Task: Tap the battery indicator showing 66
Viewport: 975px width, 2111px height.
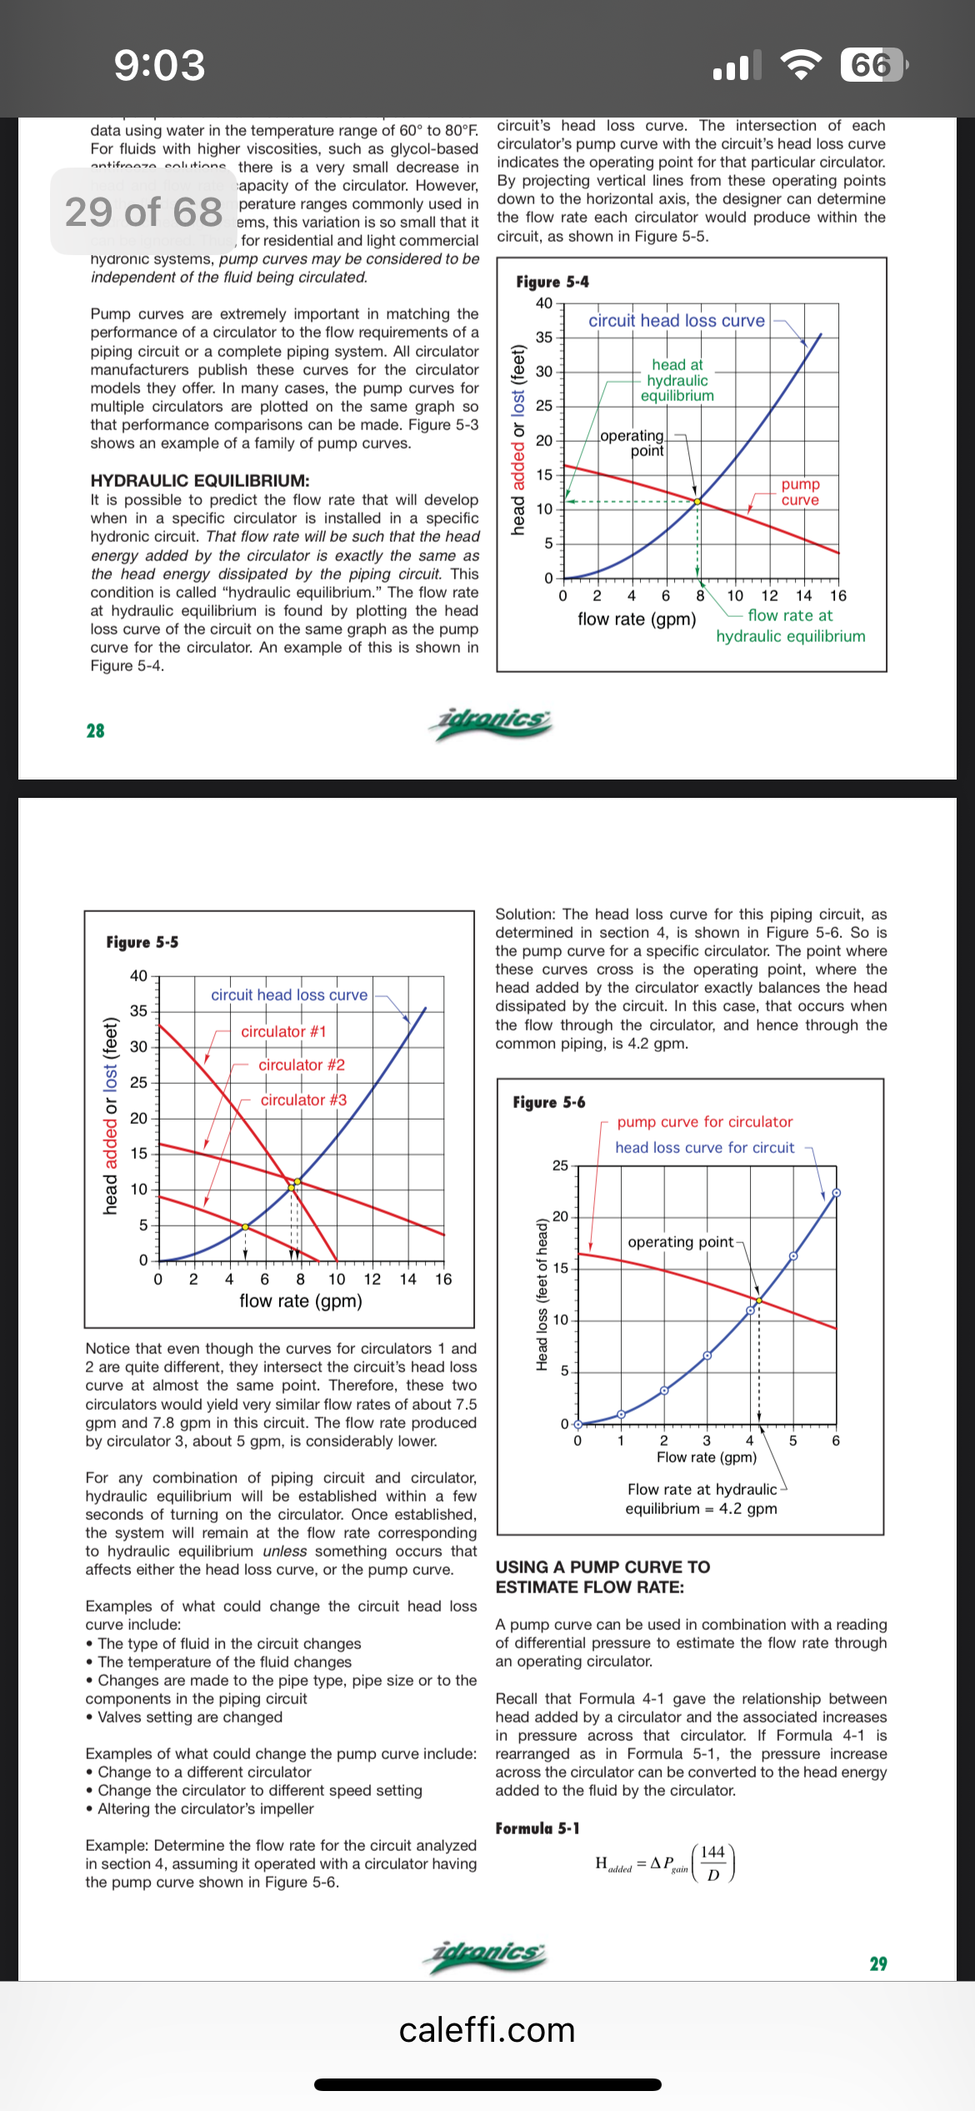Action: click(x=872, y=65)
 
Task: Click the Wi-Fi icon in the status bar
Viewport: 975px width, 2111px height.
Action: click(x=800, y=65)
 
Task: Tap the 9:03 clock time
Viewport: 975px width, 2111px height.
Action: click(x=159, y=65)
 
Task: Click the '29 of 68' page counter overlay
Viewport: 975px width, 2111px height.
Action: click(x=143, y=212)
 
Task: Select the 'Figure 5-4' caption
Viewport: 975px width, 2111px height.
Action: click(x=552, y=282)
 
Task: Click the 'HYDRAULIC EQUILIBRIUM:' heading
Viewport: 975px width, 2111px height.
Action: click(x=200, y=480)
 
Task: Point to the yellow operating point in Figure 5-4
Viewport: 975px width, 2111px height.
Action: click(x=697, y=501)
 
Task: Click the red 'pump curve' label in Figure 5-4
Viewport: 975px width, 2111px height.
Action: click(x=800, y=492)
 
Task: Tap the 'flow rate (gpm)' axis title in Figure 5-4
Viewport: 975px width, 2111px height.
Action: click(x=637, y=619)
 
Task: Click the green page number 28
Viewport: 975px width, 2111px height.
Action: click(x=96, y=731)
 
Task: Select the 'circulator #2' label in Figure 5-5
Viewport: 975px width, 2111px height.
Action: click(x=302, y=1065)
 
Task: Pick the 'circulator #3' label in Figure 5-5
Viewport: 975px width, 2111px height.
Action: click(x=303, y=1100)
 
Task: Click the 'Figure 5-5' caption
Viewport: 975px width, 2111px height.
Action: click(x=142, y=942)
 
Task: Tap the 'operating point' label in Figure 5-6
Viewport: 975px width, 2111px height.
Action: click(x=681, y=1242)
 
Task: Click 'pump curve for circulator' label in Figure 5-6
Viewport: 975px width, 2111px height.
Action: click(x=705, y=1122)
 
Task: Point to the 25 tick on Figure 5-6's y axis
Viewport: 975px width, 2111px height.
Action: click(x=560, y=1166)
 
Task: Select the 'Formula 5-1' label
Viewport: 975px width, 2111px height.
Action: click(x=537, y=1828)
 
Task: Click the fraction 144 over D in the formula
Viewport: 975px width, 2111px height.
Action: click(x=712, y=1863)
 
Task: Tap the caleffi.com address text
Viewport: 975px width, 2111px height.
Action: click(x=487, y=2030)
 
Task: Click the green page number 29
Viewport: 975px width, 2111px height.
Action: click(x=878, y=1964)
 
